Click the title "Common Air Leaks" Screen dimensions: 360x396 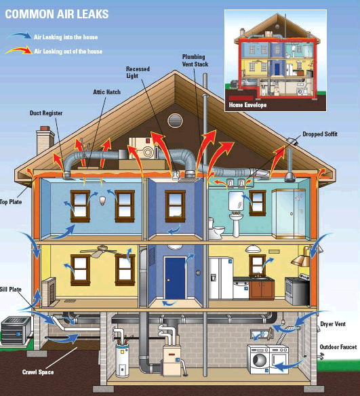pyautogui.click(x=57, y=14)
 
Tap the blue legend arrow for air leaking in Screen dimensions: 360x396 pyautogui.click(x=19, y=35)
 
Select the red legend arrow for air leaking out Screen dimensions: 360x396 pyautogui.click(x=19, y=50)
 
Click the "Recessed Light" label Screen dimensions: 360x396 pyautogui.click(x=138, y=73)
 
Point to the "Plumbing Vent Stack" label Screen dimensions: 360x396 pyautogui.click(x=195, y=60)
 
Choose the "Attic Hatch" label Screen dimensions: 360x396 pyautogui.click(x=107, y=92)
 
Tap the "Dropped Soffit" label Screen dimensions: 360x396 pyautogui.click(x=320, y=134)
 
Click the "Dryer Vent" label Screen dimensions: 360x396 pyautogui.click(x=333, y=324)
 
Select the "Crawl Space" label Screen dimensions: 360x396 pyautogui.click(x=38, y=372)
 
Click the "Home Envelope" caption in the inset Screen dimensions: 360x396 pyautogui.click(x=247, y=105)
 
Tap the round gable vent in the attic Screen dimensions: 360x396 pyautogui.click(x=175, y=121)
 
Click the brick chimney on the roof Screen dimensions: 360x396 pyautogui.click(x=45, y=140)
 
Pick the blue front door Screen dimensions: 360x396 pyautogui.click(x=175, y=278)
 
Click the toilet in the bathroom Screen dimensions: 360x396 pyautogui.click(x=216, y=229)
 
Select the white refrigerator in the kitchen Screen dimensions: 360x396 pyautogui.click(x=220, y=278)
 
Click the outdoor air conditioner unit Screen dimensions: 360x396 pyautogui.click(x=16, y=331)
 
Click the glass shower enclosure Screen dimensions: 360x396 pyautogui.click(x=289, y=214)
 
